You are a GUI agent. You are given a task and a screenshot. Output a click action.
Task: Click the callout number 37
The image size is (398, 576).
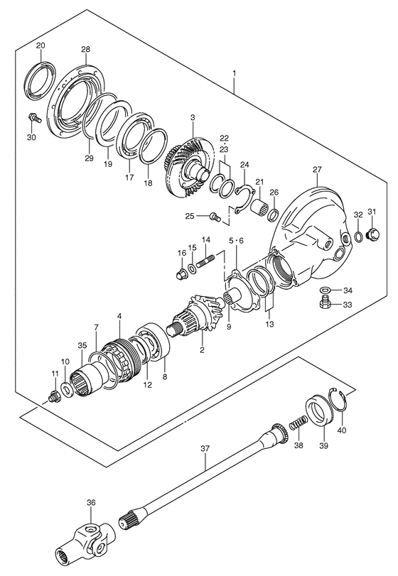[205, 449]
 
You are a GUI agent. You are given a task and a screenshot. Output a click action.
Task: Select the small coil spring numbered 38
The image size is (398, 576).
[298, 423]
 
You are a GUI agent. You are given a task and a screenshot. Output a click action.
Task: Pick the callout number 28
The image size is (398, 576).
[85, 49]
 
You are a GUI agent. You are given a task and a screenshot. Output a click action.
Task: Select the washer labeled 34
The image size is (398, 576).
[325, 290]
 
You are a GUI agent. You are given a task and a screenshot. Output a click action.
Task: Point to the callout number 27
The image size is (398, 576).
[317, 169]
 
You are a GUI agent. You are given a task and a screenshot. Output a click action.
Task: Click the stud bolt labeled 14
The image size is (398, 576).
[206, 261]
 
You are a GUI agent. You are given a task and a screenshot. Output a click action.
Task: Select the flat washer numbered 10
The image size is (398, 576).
[67, 389]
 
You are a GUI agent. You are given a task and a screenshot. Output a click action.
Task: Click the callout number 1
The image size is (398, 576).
[234, 74]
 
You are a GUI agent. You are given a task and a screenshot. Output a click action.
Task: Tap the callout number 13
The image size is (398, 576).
[270, 324]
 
